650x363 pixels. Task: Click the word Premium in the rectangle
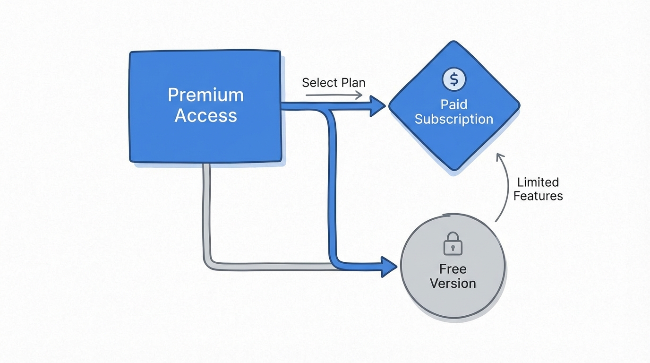[x=205, y=95]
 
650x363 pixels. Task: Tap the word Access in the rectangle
[x=205, y=115]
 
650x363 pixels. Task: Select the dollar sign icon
[x=454, y=79]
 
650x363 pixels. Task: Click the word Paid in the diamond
[x=454, y=104]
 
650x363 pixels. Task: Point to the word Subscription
[x=454, y=119]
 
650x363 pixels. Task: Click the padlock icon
[x=453, y=243]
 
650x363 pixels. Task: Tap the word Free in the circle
[x=453, y=269]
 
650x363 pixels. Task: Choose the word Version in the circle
[x=453, y=284]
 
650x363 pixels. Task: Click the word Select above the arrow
[x=318, y=83]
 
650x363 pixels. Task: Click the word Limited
[x=538, y=182]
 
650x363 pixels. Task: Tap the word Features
[x=538, y=196]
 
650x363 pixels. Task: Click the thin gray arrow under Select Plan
[x=334, y=95]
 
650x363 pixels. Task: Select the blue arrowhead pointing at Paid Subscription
[x=378, y=106]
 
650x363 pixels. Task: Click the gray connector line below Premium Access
[x=206, y=213]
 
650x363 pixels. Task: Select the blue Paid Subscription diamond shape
[x=454, y=137]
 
